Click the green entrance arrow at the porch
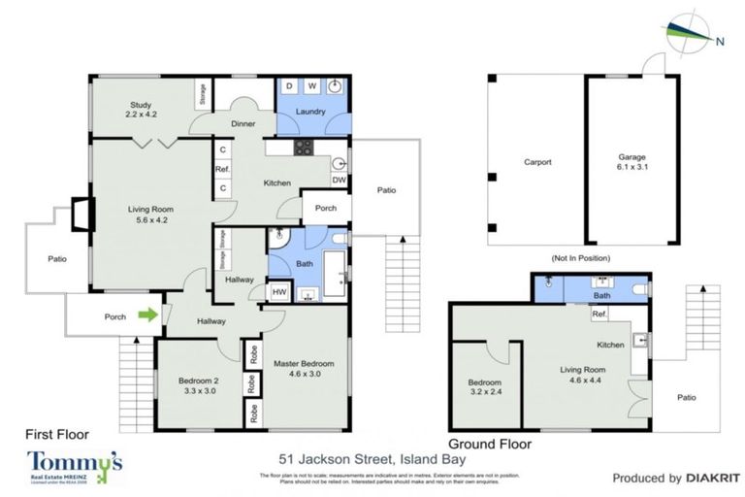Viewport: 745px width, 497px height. pyautogui.click(x=147, y=314)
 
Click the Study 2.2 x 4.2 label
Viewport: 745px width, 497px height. pyautogui.click(x=141, y=110)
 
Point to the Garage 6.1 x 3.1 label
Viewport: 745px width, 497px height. pyautogui.click(x=632, y=162)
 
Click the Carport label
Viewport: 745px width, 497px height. pyautogui.click(x=536, y=162)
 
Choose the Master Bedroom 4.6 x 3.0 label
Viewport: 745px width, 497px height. pyautogui.click(x=304, y=368)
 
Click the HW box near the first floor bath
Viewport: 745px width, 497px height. pyautogui.click(x=279, y=292)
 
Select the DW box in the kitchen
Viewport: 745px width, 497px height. pyautogui.click(x=339, y=180)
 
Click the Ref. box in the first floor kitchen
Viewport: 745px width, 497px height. pyautogui.click(x=222, y=169)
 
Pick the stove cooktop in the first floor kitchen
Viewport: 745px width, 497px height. pyautogui.click(x=304, y=148)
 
